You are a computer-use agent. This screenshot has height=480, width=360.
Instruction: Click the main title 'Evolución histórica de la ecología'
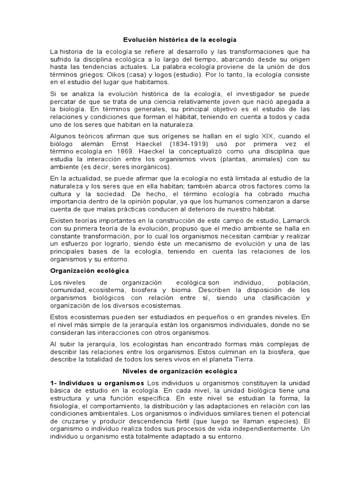180,40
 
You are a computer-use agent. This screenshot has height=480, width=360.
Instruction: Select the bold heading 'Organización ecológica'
90,271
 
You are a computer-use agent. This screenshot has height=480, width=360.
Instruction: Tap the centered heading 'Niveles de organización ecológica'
180,371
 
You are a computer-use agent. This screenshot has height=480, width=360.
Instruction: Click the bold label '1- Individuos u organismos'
97,383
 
